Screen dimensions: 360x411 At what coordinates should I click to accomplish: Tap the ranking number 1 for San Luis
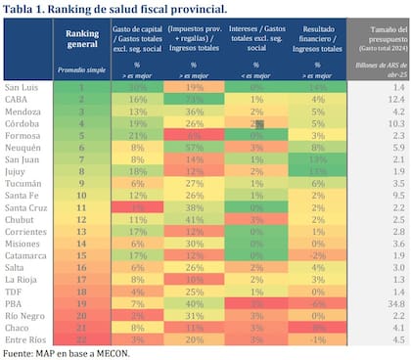click(82, 87)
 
